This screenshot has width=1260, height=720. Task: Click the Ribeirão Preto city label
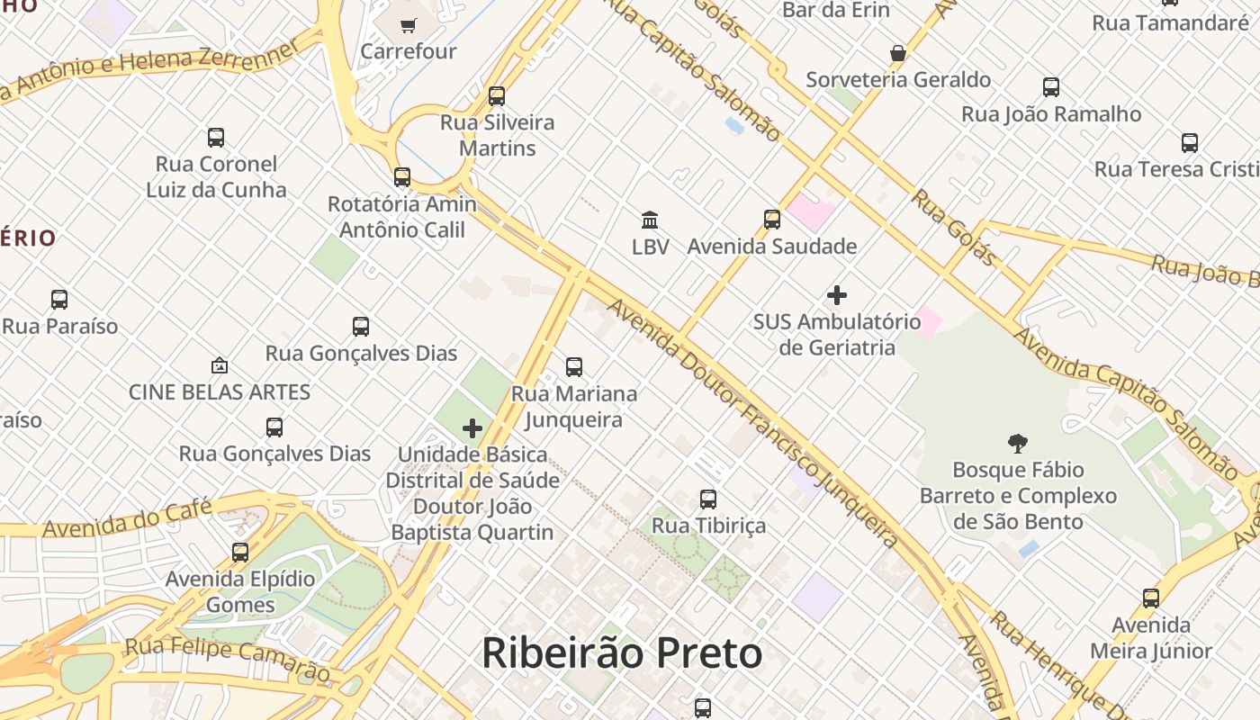coord(622,653)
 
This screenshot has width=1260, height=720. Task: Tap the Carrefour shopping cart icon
coord(408,25)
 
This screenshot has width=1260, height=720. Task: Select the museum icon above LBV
coord(650,220)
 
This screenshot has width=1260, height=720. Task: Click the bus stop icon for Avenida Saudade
coord(771,219)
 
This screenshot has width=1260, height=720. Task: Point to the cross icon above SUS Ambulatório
coord(837,295)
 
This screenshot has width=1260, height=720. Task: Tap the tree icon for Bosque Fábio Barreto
coord(1018,443)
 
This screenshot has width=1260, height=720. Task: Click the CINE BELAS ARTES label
coord(220,392)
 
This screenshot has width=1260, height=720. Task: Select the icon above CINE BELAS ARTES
coord(219,365)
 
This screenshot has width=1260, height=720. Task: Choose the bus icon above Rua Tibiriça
coord(708,499)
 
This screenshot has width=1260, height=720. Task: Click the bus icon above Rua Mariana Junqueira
coord(574,367)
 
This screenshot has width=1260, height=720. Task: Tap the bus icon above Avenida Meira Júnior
coord(1150,598)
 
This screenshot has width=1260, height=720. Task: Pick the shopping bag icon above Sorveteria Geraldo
coord(897,53)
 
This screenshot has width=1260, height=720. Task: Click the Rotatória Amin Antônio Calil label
coord(402,217)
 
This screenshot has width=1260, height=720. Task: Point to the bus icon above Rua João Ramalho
coord(1050,87)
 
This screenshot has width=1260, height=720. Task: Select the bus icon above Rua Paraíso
coord(59,300)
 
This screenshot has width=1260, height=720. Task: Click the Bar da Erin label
coord(836,10)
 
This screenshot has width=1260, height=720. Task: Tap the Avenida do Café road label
coord(127,517)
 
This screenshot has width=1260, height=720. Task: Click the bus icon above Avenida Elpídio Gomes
coord(240,552)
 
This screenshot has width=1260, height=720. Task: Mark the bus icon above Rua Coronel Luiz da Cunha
coord(216,138)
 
